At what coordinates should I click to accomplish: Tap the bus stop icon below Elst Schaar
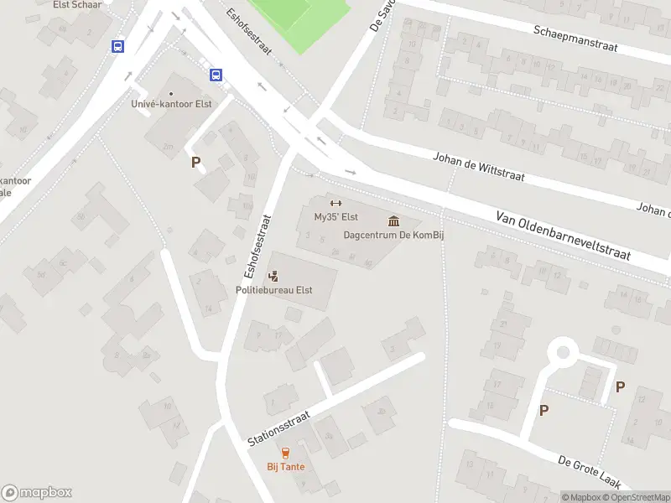coord(117,47)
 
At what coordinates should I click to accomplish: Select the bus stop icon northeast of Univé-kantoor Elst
coord(216,75)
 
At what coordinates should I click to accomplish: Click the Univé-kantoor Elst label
coord(171,104)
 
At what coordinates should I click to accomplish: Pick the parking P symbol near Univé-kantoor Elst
coord(196,163)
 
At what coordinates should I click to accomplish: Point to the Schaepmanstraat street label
coord(575,38)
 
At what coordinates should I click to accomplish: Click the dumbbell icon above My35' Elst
coord(335,203)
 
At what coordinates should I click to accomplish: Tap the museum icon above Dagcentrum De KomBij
coord(393,220)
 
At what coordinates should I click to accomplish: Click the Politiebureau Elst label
coord(273,290)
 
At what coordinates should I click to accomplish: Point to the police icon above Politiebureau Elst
coord(273,275)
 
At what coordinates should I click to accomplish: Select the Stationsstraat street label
coord(279,428)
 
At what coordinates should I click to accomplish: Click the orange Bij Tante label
coord(286,467)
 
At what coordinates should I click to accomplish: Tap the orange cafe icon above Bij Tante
coord(286,453)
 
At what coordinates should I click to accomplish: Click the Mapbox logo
coord(37,493)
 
